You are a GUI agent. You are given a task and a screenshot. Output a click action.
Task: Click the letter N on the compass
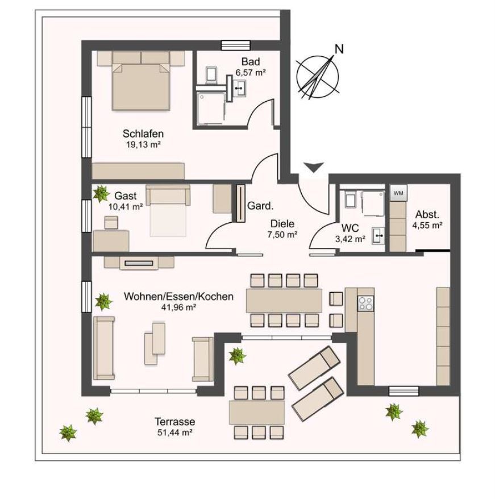pos(339,49)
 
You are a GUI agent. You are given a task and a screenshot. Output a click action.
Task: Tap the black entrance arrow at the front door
pos(313,167)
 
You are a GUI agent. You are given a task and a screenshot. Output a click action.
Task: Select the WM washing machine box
pos(398,193)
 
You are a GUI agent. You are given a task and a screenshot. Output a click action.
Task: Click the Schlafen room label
pos(143,134)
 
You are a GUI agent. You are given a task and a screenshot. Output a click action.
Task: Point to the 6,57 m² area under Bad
pos(251,72)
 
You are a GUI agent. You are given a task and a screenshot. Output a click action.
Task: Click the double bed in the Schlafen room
pos(142,85)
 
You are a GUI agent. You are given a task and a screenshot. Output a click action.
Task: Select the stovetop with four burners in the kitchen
pos(365,303)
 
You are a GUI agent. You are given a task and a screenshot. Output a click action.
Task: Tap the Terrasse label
pos(174,422)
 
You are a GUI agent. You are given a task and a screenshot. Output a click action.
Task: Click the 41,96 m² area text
pos(178,307)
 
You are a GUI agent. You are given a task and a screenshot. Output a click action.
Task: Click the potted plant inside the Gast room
pos(101,193)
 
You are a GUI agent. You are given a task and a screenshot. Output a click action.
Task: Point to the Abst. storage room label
pos(427,215)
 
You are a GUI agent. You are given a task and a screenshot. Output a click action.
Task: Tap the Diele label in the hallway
pos(282,224)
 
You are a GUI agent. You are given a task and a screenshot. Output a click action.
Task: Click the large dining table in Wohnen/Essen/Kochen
pos(284,300)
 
